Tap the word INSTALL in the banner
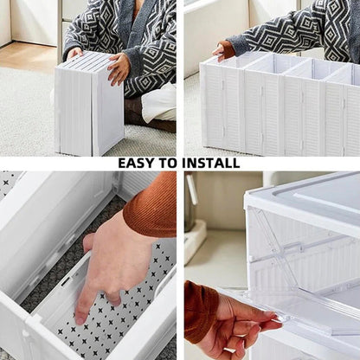[210, 163]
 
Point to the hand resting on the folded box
[118, 67]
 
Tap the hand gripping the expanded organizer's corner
[225, 51]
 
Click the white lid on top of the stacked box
[312, 195]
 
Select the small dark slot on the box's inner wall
[66, 281]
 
